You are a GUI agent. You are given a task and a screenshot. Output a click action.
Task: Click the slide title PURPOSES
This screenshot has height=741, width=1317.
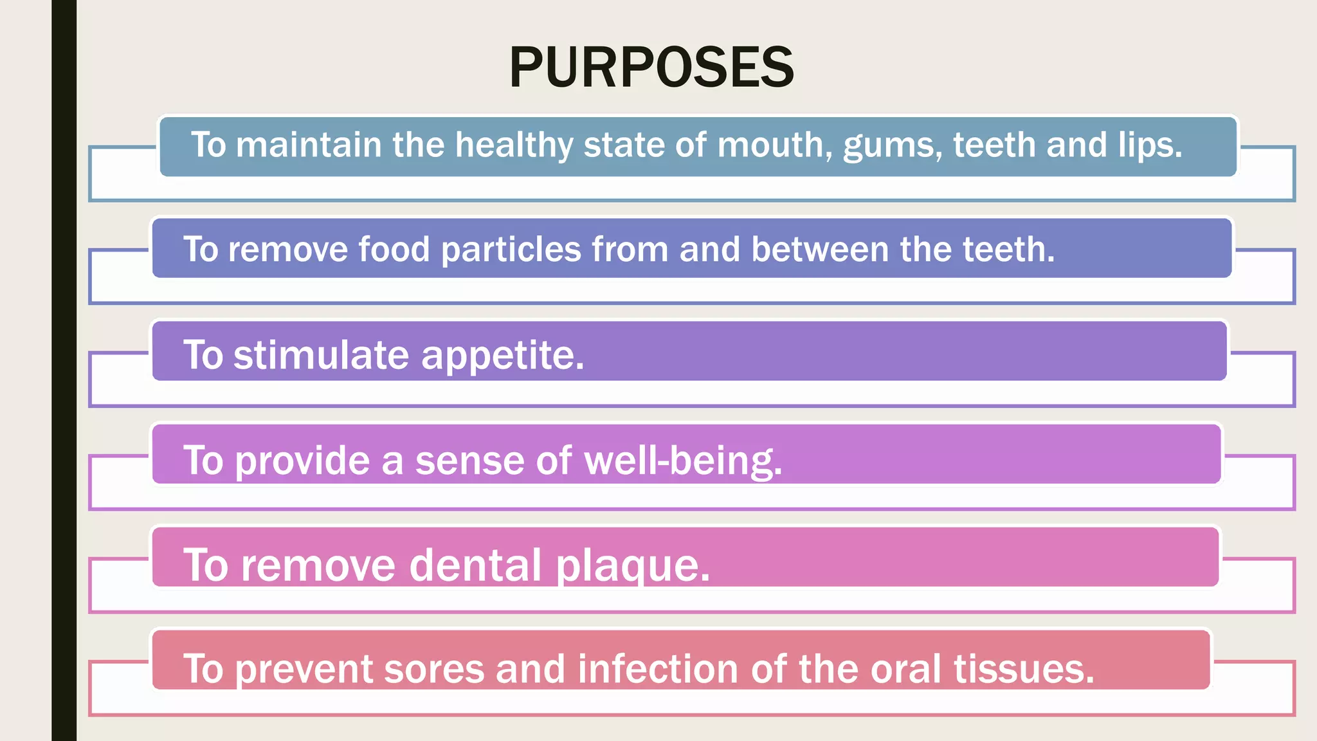pyautogui.click(x=651, y=68)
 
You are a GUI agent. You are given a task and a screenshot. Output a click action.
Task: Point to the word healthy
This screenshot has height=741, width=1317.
pyautogui.click(x=514, y=145)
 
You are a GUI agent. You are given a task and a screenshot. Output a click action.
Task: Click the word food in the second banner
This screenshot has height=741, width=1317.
pyautogui.click(x=394, y=250)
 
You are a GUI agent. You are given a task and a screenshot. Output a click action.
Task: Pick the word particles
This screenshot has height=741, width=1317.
pyautogui.click(x=511, y=250)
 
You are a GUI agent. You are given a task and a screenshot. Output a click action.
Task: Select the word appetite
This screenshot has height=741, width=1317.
pyautogui.click(x=502, y=356)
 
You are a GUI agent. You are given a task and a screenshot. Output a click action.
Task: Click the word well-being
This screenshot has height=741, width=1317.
pyautogui.click(x=683, y=461)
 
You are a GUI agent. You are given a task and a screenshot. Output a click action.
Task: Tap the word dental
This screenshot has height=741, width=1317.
pyautogui.click(x=475, y=565)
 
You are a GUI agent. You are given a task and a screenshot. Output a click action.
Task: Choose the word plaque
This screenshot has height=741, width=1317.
pyautogui.click(x=633, y=566)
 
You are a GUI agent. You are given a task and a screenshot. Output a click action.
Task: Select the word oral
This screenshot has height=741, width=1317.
pyautogui.click(x=906, y=669)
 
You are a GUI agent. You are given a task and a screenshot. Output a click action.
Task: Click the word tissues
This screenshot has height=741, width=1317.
pyautogui.click(x=1023, y=669)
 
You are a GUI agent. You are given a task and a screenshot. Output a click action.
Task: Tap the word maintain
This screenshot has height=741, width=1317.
pyautogui.click(x=309, y=145)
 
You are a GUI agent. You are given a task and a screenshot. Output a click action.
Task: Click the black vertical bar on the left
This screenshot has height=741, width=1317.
pyautogui.click(x=64, y=370)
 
